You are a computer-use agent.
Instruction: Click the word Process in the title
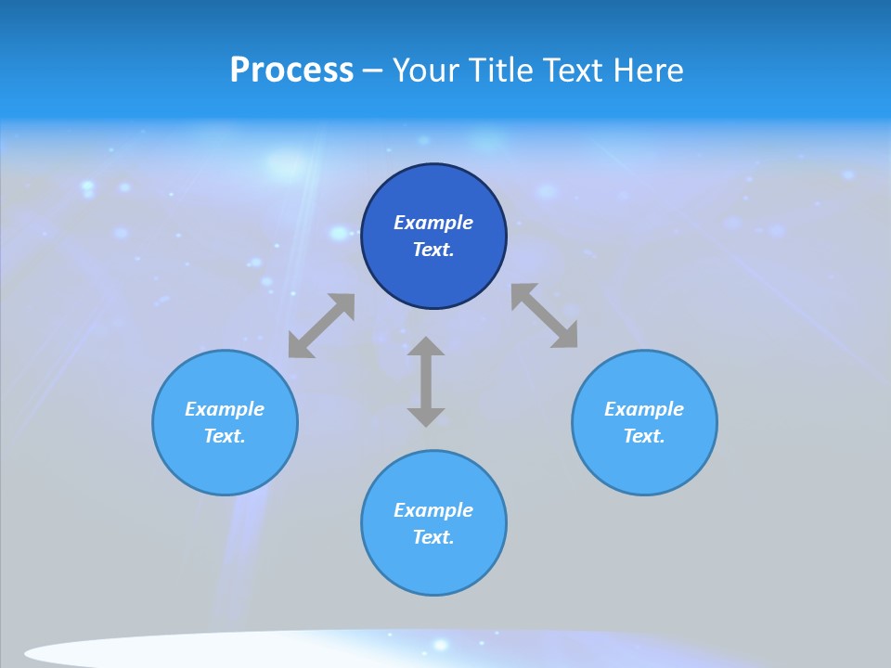coord(291,71)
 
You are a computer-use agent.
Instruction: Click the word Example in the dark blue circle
coord(433,223)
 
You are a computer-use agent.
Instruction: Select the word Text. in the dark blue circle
coord(433,250)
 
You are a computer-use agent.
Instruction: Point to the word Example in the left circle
coord(225,409)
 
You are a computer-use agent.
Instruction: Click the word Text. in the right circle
coord(644,436)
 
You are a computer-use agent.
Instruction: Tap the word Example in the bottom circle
coord(433,510)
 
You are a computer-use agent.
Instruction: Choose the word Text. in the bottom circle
coord(433,537)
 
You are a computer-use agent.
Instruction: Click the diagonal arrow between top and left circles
coord(321,326)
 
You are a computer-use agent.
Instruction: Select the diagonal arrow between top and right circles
coord(545,315)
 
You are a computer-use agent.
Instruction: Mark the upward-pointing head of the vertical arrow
coord(426,347)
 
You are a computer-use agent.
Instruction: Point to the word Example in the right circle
coord(644,409)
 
